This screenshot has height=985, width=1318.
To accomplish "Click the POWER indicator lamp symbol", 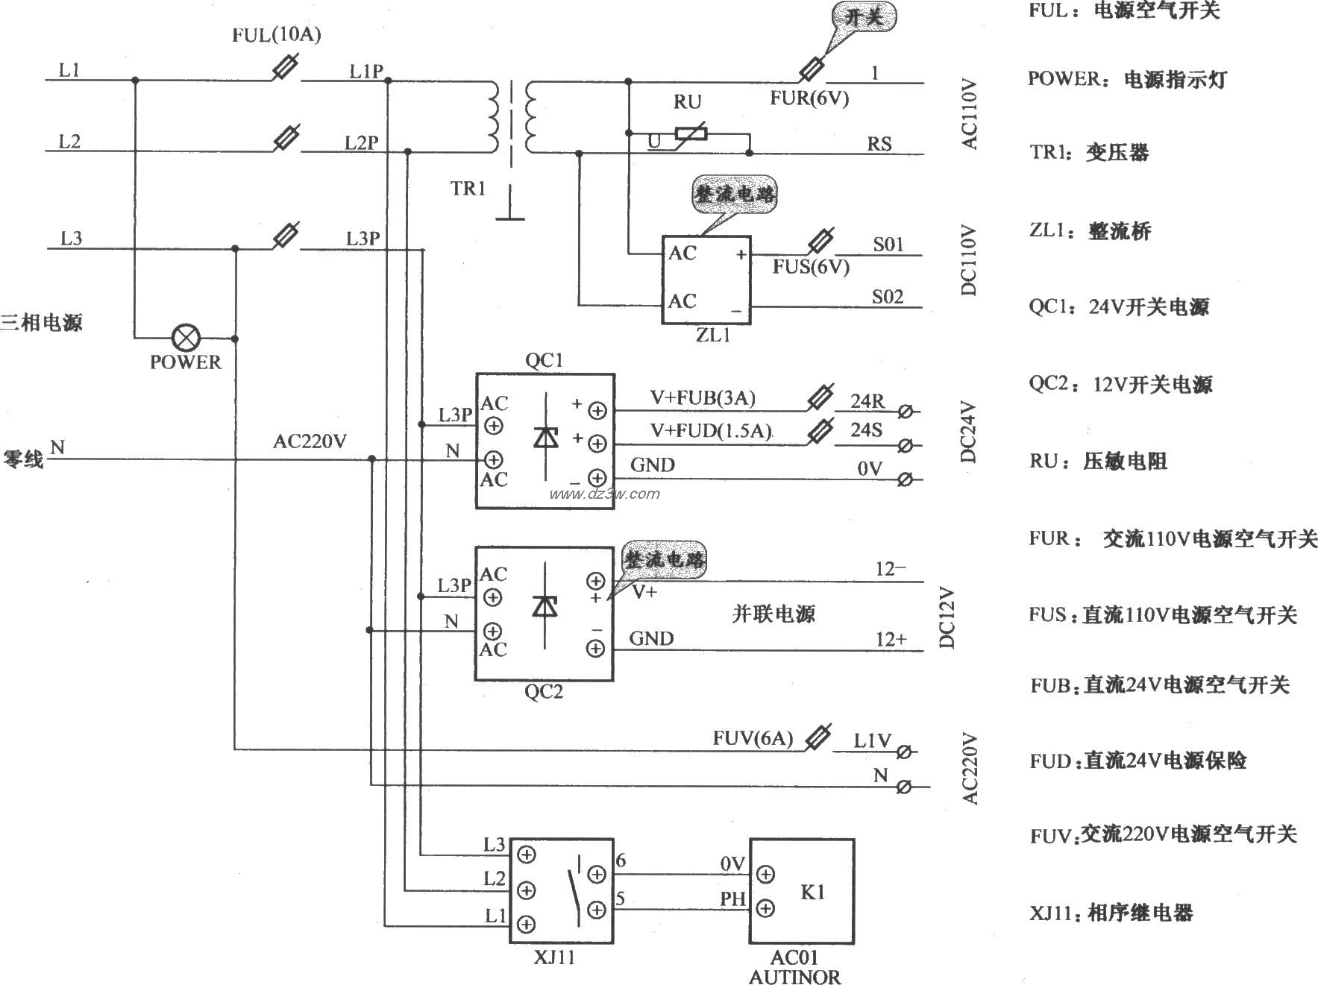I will click(184, 338).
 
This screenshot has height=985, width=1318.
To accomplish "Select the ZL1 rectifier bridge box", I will click(706, 280).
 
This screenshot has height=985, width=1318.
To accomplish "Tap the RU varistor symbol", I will click(691, 134).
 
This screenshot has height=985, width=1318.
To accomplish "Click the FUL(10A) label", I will click(277, 35).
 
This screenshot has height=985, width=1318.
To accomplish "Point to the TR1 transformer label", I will click(468, 188).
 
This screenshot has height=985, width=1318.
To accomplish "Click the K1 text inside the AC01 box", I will click(812, 892).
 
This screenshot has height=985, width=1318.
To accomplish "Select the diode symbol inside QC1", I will click(547, 438).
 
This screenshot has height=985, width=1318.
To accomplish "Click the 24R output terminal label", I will click(867, 402).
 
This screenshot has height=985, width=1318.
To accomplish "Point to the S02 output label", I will click(888, 298).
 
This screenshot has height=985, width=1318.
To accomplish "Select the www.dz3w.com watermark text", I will click(603, 494).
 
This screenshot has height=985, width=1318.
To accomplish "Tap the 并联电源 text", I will click(773, 614).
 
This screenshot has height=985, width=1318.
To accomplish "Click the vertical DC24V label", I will click(968, 432).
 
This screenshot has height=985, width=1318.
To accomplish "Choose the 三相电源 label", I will click(42, 323).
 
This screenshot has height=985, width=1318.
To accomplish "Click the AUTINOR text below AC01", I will click(794, 976).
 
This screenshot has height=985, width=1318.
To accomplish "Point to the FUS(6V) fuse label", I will click(811, 267).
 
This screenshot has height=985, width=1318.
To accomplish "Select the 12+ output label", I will click(891, 639).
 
